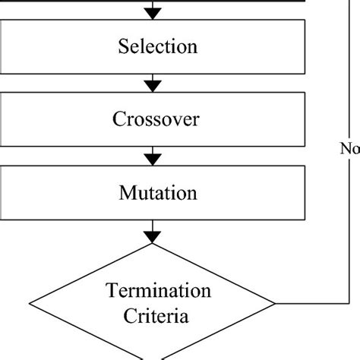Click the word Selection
click(157, 47)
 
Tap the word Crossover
click(157, 120)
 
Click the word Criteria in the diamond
click(157, 314)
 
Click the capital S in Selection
click(122, 47)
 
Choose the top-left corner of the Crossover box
click(1, 95)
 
